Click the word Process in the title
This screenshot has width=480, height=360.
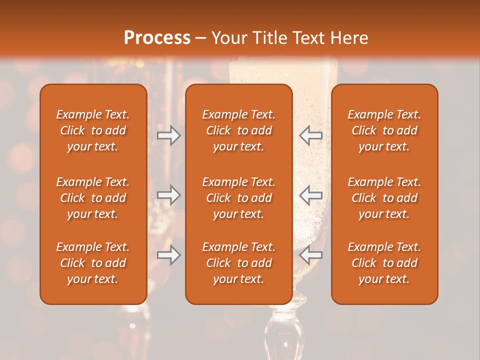pyautogui.click(x=157, y=38)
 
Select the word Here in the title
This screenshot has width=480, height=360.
pyautogui.click(x=349, y=38)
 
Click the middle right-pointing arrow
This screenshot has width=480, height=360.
pyautogui.click(x=169, y=195)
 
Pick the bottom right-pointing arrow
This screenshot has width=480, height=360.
pyautogui.click(x=169, y=255)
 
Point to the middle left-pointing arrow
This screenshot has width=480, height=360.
pyautogui.click(x=311, y=195)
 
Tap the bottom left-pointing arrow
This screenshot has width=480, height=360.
pyautogui.click(x=311, y=255)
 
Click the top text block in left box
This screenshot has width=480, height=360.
pyautogui.click(x=93, y=130)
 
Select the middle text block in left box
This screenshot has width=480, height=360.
pyautogui.click(x=93, y=198)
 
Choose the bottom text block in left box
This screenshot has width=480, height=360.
pyautogui.click(x=93, y=263)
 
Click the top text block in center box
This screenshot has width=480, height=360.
pyautogui.click(x=239, y=130)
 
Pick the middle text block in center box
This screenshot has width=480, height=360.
pyautogui.click(x=239, y=198)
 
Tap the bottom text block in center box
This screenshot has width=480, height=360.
pyautogui.click(x=239, y=263)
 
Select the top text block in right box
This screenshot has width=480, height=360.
pyautogui.click(x=384, y=130)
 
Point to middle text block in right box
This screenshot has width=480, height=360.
pyautogui.click(x=384, y=198)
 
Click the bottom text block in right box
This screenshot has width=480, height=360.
pyautogui.click(x=384, y=263)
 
